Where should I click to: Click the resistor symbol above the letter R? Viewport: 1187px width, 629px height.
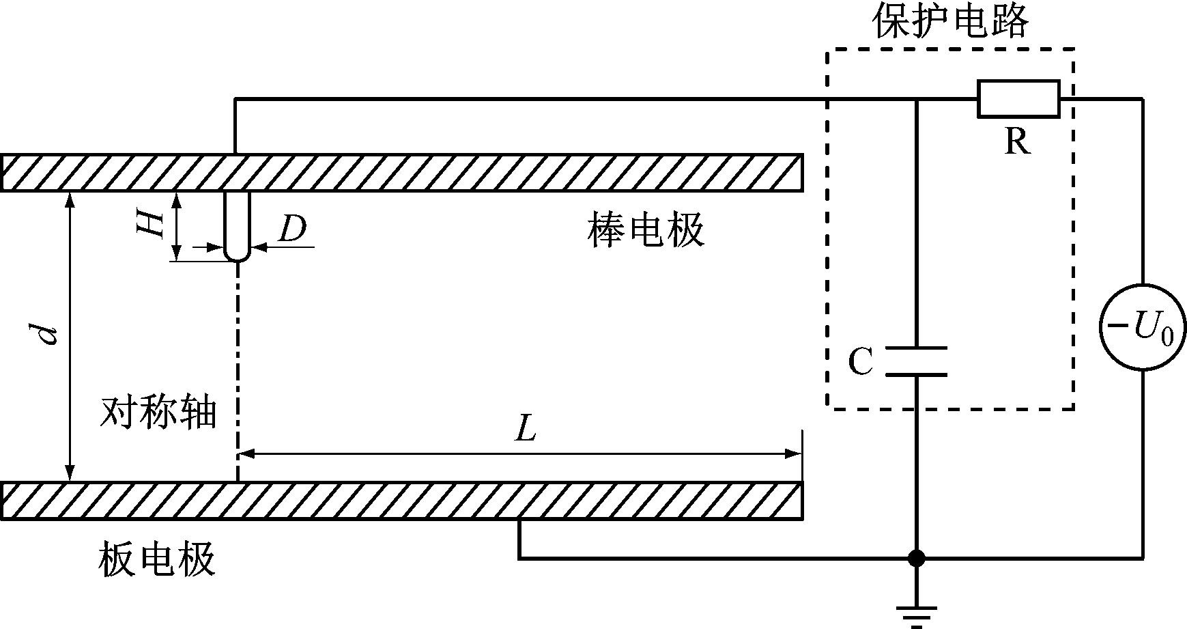pyautogui.click(x=1018, y=99)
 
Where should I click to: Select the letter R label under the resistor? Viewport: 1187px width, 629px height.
pyautogui.click(x=1017, y=141)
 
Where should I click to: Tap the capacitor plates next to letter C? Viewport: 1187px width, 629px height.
pyautogui.click(x=916, y=361)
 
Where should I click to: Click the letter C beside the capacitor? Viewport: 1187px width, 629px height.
pyautogui.click(x=861, y=361)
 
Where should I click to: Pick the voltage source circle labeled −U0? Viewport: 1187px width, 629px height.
pyautogui.click(x=1143, y=328)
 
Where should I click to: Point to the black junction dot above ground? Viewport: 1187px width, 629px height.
pyautogui.click(x=916, y=558)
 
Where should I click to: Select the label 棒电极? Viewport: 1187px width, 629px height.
pyautogui.click(x=645, y=231)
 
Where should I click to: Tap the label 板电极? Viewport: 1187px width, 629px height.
pyautogui.click(x=158, y=559)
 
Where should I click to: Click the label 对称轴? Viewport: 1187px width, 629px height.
pyautogui.click(x=158, y=412)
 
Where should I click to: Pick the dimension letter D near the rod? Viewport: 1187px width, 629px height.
pyautogui.click(x=292, y=229)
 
